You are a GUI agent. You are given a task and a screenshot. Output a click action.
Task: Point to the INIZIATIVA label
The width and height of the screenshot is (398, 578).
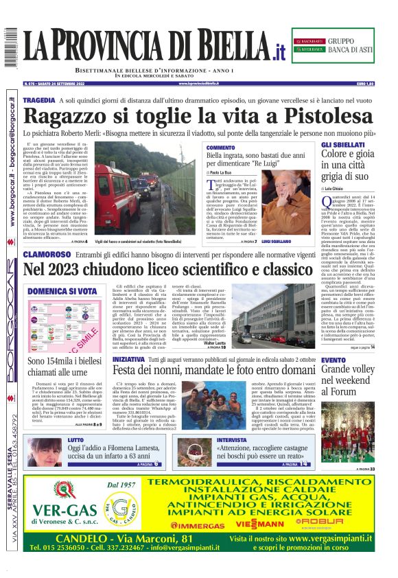pos(128,359)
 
